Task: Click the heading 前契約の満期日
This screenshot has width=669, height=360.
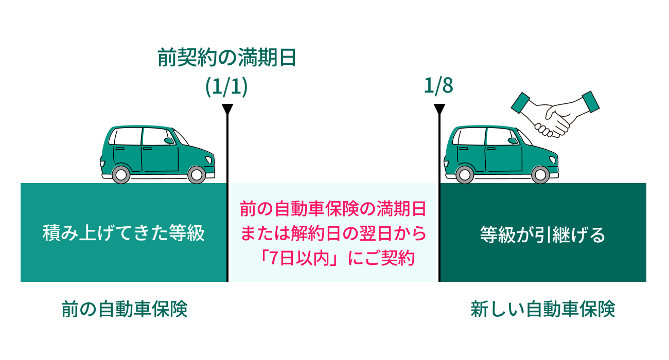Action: coord(226,58)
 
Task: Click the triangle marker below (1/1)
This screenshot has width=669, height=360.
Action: coord(227,109)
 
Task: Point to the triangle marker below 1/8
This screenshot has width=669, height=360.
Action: coord(439,109)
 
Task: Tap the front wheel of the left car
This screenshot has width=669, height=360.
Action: coord(196,174)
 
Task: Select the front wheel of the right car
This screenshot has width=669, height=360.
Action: coord(539,174)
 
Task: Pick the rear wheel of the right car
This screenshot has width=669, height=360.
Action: coord(464,174)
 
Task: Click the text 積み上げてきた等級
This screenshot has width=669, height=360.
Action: coord(124,234)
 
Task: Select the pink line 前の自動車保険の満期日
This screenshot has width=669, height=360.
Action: coord(333,210)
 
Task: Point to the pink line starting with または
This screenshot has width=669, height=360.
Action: coord(333,235)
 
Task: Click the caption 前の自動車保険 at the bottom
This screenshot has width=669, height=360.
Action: coord(124,310)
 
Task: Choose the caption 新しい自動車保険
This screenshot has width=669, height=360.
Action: coord(542,310)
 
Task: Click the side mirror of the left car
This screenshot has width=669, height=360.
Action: coord(169,140)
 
